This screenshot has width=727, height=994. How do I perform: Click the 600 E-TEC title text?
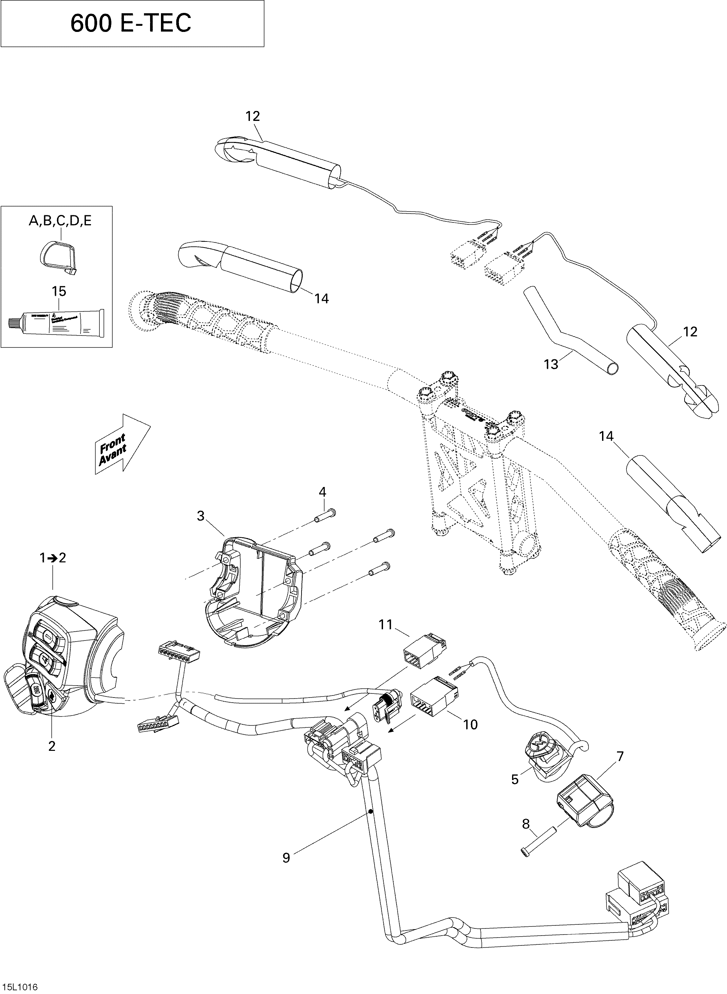tap(131, 24)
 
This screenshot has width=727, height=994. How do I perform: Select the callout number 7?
tap(620, 757)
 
